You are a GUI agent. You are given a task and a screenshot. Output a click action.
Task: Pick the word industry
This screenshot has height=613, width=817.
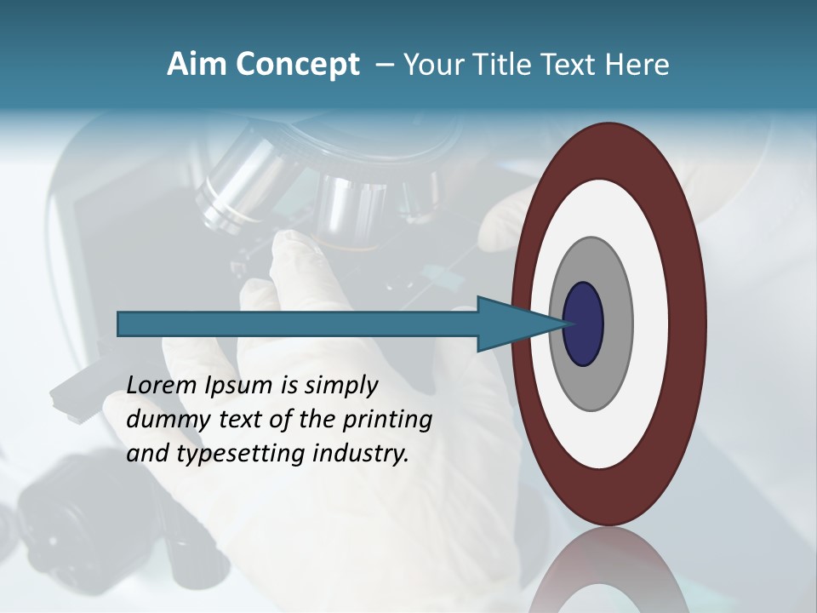[x=361, y=454]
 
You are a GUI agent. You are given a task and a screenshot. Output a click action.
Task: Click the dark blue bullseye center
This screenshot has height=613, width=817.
[x=584, y=324]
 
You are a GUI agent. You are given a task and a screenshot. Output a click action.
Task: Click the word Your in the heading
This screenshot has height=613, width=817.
[x=429, y=65]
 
